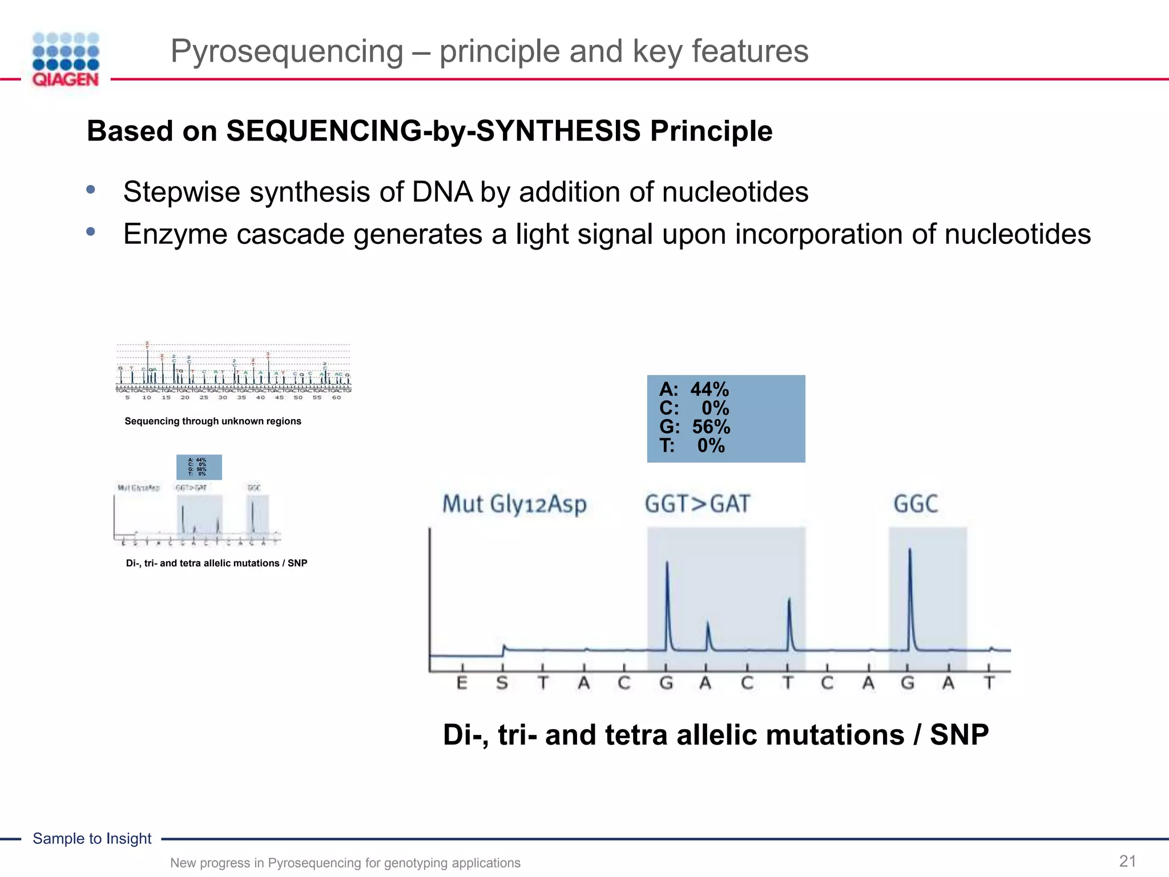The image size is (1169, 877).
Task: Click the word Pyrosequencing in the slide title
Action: (x=287, y=51)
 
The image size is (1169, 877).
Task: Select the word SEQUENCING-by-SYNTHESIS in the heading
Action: (x=433, y=131)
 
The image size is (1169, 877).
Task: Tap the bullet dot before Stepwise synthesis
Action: (x=91, y=190)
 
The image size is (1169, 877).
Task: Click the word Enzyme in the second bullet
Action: (x=175, y=234)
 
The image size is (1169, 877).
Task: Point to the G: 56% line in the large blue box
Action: (x=695, y=427)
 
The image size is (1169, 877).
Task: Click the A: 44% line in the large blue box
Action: (x=694, y=390)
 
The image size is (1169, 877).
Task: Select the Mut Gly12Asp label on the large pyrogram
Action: (x=514, y=504)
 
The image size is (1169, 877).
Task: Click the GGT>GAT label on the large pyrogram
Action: (x=697, y=504)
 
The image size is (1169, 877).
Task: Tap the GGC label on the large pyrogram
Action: (x=916, y=504)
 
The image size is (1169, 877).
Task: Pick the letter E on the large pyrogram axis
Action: (x=462, y=683)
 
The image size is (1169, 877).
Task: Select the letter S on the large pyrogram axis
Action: (x=502, y=683)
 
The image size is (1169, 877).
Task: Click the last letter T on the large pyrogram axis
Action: (x=989, y=683)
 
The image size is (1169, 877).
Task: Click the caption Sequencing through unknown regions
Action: (x=213, y=421)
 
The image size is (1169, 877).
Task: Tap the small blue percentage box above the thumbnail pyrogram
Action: (x=199, y=467)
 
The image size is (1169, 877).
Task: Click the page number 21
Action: (x=1127, y=861)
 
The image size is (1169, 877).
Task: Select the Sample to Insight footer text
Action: (x=92, y=839)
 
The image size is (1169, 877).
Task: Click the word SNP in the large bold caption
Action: (x=959, y=735)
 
